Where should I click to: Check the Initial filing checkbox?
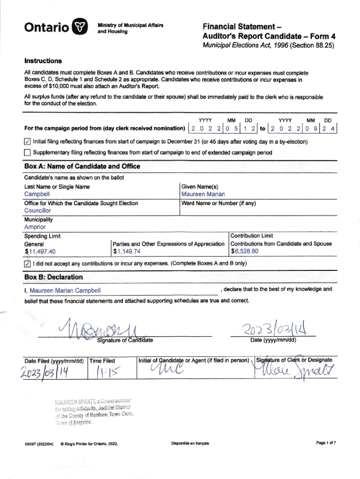point(28,142)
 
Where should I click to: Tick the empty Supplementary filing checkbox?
point(28,152)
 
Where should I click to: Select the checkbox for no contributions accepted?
point(28,263)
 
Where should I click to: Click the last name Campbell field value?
point(37,194)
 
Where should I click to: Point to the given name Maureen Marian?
point(203,194)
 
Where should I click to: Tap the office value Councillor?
point(38,210)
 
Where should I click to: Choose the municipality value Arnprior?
point(35,227)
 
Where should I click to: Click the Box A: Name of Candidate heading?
point(82,167)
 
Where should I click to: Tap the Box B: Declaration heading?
point(53,277)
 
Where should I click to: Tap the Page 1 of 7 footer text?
point(326,443)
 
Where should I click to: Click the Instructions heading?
point(43,61)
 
